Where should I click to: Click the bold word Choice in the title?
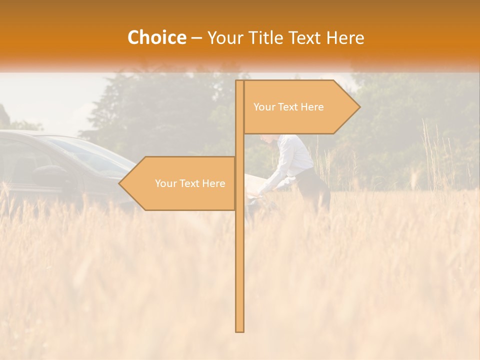point(156,38)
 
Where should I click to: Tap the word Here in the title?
point(345,38)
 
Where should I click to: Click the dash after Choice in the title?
point(196,38)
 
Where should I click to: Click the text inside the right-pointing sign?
point(288,107)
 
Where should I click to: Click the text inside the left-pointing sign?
point(190,183)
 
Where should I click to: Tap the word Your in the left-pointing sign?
point(165,183)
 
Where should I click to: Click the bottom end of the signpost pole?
point(240,330)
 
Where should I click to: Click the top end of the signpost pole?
point(240,82)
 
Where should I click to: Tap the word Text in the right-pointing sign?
point(289,107)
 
